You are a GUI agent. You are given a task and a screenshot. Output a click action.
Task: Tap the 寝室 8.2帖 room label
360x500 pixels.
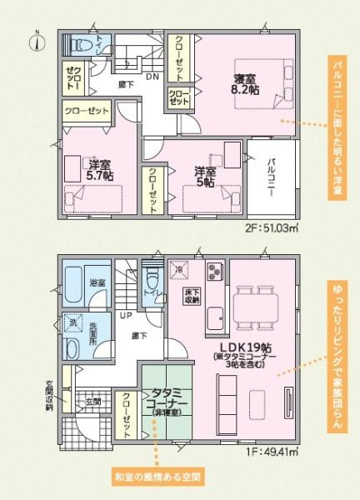coord(246,85)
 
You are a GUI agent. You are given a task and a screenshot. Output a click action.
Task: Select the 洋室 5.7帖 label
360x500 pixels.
coord(99,170)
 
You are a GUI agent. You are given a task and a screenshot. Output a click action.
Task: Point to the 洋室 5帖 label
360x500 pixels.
coord(205,177)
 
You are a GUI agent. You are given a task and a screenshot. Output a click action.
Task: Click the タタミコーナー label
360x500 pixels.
coord(169,399)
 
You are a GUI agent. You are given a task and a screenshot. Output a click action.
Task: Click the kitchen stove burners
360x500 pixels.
coord(214,272)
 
